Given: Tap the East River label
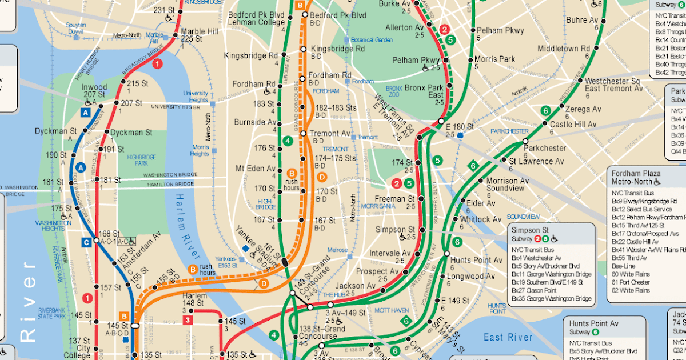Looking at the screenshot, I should pos(508,337).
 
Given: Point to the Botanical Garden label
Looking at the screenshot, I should pos(371,40).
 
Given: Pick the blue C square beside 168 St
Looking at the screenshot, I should pos(86,241).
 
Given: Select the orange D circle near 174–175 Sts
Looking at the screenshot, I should pos(322,177).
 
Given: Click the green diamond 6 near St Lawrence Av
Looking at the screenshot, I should pos(473,166).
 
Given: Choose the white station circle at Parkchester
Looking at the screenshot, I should pos(525,140).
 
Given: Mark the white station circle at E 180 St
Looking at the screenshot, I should pos(441,121).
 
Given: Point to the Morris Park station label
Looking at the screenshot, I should pos(494,59).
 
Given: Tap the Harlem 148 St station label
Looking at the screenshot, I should pos(194,299).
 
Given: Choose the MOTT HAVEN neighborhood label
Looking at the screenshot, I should pos(391,310).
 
